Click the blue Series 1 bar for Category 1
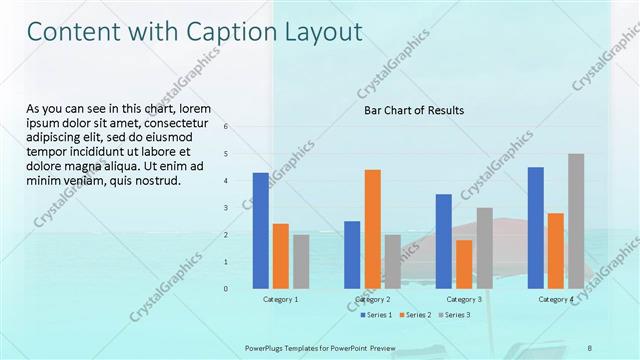tap(260, 230)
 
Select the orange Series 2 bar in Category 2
tap(372, 229)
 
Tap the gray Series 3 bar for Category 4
tap(576, 221)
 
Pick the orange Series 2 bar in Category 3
tap(464, 264)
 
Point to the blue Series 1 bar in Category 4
tap(536, 228)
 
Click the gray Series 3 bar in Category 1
tap(301, 261)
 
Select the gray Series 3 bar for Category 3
tap(484, 248)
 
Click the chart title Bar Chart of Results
tap(413, 110)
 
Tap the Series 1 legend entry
tap(378, 315)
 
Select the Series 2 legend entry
tap(416, 315)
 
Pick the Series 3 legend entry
tap(455, 315)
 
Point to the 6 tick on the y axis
tap(226, 127)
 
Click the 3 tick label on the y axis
tap(226, 208)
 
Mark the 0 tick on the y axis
tap(226, 289)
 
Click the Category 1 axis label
tap(280, 299)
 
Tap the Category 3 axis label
tap(464, 299)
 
